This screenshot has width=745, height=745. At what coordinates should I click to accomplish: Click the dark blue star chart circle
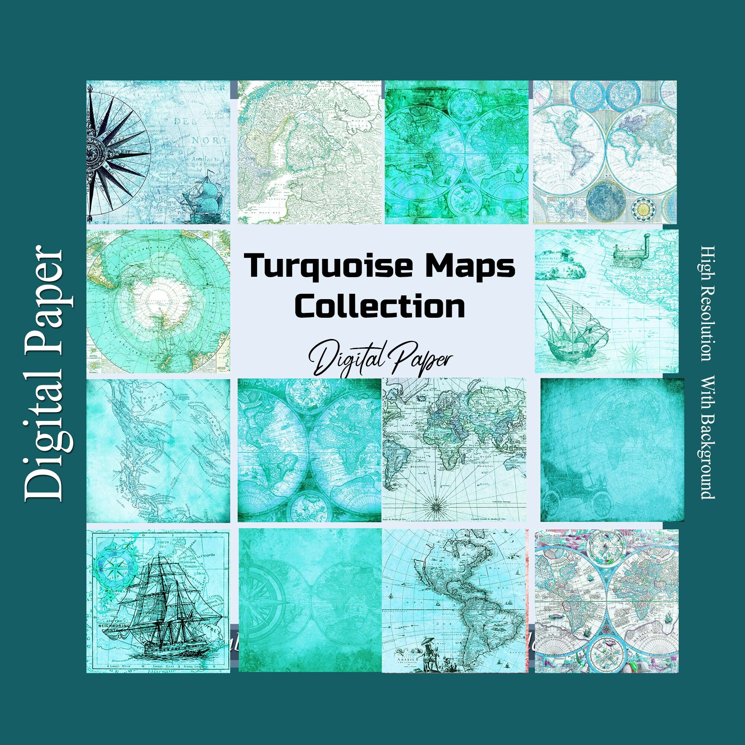(x=605, y=202)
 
